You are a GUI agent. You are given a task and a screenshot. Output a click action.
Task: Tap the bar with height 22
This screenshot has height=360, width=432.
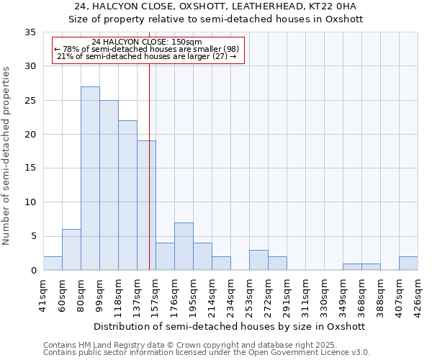(x=127, y=195)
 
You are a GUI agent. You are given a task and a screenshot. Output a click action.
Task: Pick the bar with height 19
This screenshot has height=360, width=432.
(x=146, y=205)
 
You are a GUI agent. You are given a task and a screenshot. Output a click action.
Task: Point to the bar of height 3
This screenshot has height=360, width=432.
(x=258, y=260)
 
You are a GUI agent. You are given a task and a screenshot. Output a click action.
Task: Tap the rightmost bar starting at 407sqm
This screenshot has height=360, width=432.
(x=408, y=264)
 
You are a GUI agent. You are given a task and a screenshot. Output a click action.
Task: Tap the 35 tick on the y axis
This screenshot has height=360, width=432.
(x=30, y=32)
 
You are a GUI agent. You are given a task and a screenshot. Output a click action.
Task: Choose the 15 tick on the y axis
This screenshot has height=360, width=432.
(x=30, y=168)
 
